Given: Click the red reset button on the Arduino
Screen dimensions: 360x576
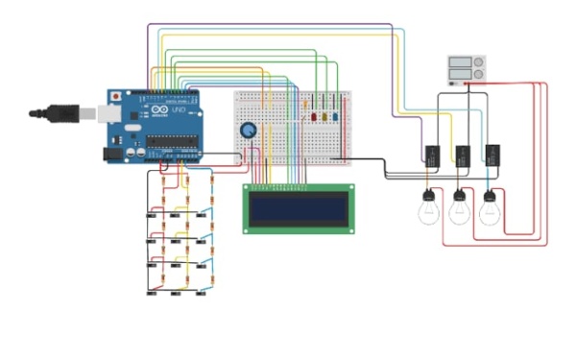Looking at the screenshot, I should click(x=117, y=97).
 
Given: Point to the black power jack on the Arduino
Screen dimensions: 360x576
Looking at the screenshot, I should click(x=111, y=151).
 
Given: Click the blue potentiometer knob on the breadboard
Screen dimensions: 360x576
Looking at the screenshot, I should click(x=249, y=132).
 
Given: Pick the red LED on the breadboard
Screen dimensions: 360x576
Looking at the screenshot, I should click(x=313, y=117).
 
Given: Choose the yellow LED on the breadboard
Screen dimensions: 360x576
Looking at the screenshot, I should click(x=324, y=117).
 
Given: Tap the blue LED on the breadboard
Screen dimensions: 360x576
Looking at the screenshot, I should click(x=336, y=117).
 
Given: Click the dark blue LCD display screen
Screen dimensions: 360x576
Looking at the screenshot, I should click(x=298, y=208).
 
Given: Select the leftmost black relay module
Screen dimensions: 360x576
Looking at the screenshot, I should click(x=433, y=154).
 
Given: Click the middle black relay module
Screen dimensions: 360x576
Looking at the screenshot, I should click(x=463, y=154).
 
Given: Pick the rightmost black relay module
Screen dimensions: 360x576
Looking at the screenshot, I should click(x=492, y=154).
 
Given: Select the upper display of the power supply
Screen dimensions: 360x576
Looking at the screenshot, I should click(x=460, y=63).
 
